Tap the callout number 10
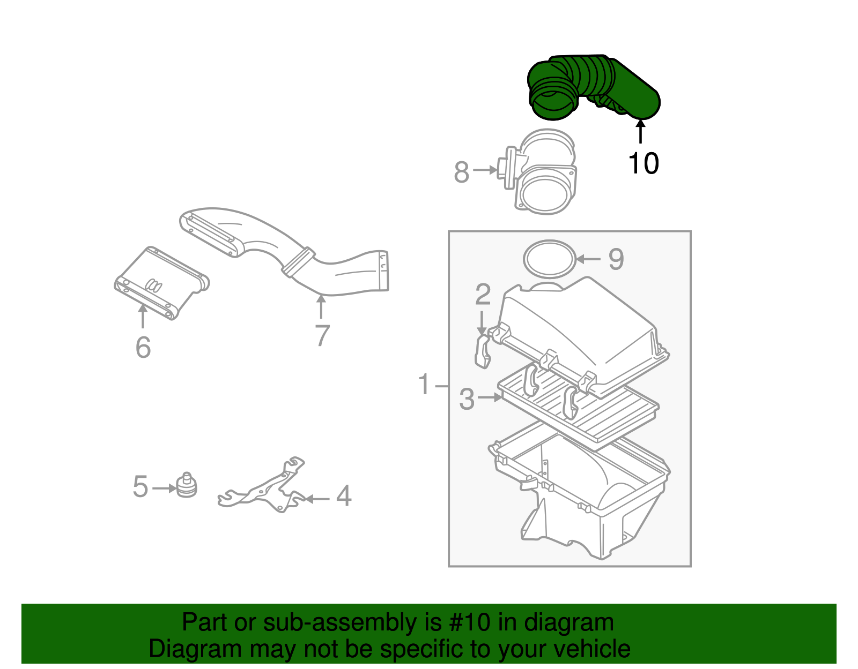tap(643, 163)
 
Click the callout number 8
tap(461, 172)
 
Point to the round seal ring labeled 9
tap(549, 259)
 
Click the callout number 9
tap(616, 259)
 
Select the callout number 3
tap(467, 400)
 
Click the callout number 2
tap(483, 295)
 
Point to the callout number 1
tap(424, 385)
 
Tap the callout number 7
tap(322, 336)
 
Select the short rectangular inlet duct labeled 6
tap(161, 284)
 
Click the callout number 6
tap(143, 348)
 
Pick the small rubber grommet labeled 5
tap(187, 485)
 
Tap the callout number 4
tap(344, 496)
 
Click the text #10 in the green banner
tap(466, 622)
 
